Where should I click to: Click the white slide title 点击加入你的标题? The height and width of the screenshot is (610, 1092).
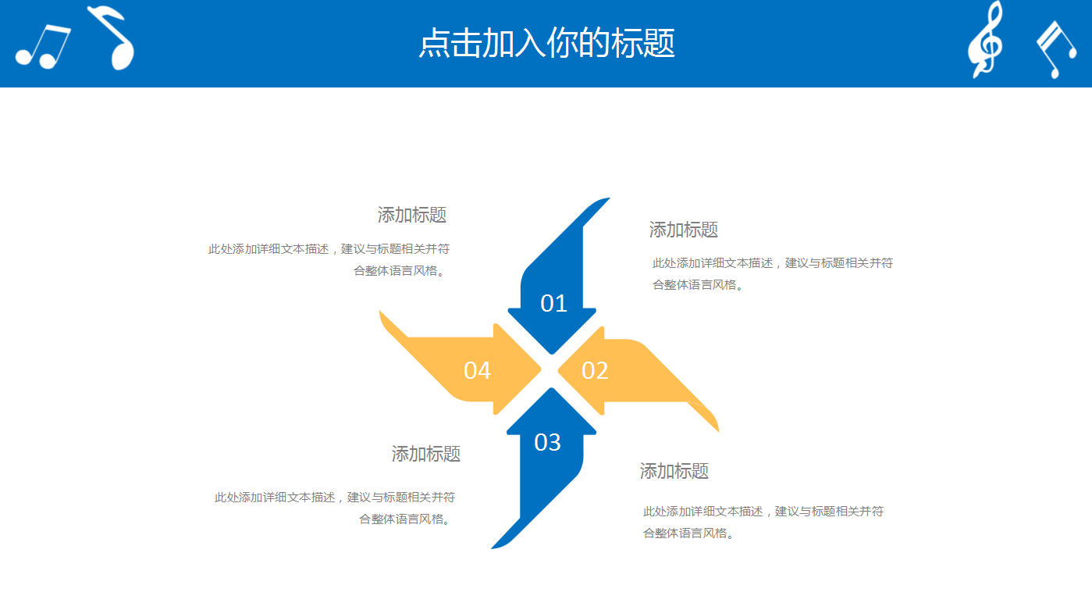546,44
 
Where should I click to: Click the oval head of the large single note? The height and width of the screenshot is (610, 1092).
123,55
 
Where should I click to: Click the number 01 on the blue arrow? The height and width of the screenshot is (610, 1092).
553,303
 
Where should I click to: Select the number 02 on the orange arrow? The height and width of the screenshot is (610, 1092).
595,370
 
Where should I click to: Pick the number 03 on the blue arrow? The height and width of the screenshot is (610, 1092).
547,442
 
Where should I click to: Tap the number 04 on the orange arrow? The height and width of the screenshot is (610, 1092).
477,370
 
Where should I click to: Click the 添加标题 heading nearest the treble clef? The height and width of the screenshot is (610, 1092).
683,230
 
